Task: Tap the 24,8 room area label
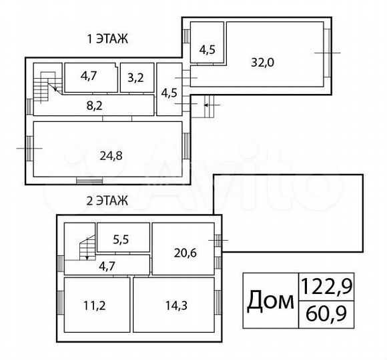point(111,157)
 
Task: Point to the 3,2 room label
point(135,77)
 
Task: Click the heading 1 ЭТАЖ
point(107,39)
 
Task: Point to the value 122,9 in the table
point(327,287)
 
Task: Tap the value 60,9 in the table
point(327,314)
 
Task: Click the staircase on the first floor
point(44,85)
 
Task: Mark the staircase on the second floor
point(85,250)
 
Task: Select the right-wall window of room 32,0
point(327,51)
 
